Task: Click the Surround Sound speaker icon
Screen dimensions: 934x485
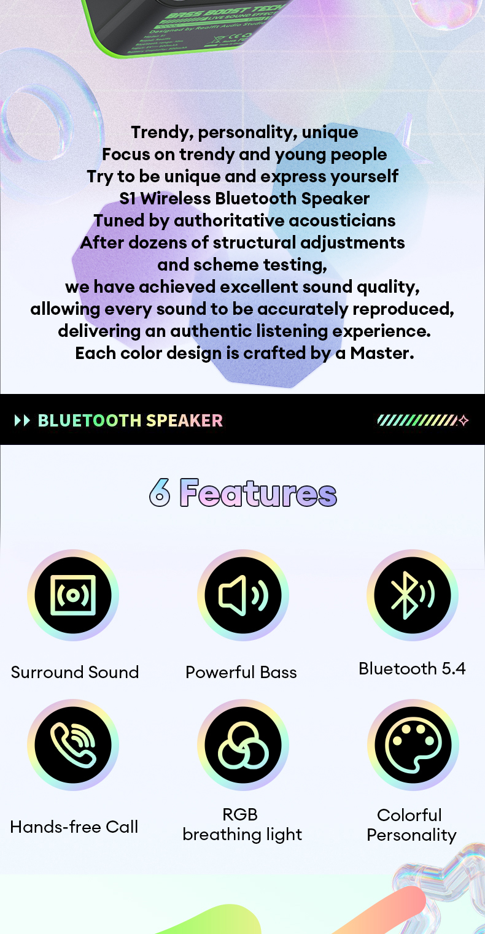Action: pyautogui.click(x=73, y=595)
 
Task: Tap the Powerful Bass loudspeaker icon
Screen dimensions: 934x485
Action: pyautogui.click(x=243, y=595)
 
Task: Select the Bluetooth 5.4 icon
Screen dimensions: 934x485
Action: pyautogui.click(x=413, y=595)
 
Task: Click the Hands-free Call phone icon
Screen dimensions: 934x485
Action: pyautogui.click(x=73, y=744)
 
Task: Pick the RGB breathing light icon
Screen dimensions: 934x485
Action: pyautogui.click(x=243, y=744)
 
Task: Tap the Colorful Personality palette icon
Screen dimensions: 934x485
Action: pyautogui.click(x=413, y=744)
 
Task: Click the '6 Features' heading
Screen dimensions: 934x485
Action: pyautogui.click(x=243, y=493)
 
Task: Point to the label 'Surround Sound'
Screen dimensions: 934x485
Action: pyautogui.click(x=75, y=672)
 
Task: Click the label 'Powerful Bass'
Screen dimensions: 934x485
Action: pyautogui.click(x=241, y=672)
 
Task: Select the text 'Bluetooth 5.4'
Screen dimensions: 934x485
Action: pyautogui.click(x=412, y=668)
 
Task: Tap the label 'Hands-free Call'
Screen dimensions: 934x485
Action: pyautogui.click(x=74, y=827)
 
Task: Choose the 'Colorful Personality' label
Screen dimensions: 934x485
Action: pyautogui.click(x=411, y=825)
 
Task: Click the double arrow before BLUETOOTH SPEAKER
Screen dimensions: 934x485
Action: pyautogui.click(x=22, y=420)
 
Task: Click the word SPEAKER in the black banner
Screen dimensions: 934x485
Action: pyautogui.click(x=184, y=420)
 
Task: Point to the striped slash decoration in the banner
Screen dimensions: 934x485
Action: pyautogui.click(x=417, y=420)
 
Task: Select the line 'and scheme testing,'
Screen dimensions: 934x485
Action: pyautogui.click(x=242, y=265)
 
